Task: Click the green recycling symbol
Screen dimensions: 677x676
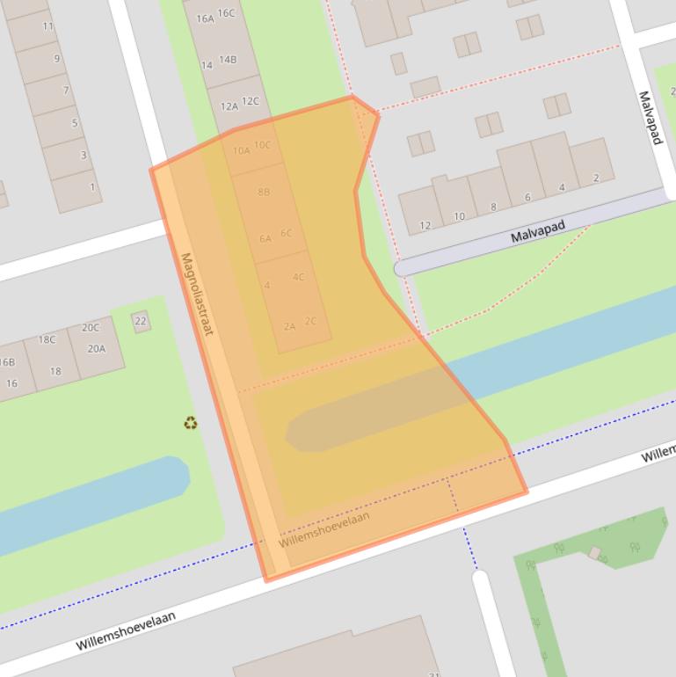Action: [x=191, y=424]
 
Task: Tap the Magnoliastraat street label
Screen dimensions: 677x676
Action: [x=198, y=295]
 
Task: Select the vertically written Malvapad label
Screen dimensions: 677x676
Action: [x=650, y=117]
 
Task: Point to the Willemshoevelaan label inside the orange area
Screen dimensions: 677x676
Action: [x=323, y=529]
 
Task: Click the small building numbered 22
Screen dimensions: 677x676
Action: [x=141, y=322]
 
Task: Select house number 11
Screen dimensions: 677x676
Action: [x=47, y=26]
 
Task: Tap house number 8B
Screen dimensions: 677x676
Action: [x=264, y=192]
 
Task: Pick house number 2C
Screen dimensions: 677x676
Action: [x=310, y=322]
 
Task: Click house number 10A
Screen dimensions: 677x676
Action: [x=241, y=150]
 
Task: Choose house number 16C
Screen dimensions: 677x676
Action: [x=226, y=13]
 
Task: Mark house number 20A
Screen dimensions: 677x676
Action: [x=96, y=348]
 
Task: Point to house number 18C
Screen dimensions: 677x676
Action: [x=47, y=339]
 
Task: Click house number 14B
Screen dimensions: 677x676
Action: [x=228, y=60]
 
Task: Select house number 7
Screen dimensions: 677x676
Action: [x=65, y=91]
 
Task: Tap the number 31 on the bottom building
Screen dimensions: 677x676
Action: [x=433, y=674]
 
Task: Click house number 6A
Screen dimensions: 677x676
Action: [x=265, y=238]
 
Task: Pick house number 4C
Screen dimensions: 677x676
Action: [x=298, y=277]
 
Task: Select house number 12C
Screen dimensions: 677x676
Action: [x=251, y=101]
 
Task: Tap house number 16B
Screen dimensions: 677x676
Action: [x=7, y=362]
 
